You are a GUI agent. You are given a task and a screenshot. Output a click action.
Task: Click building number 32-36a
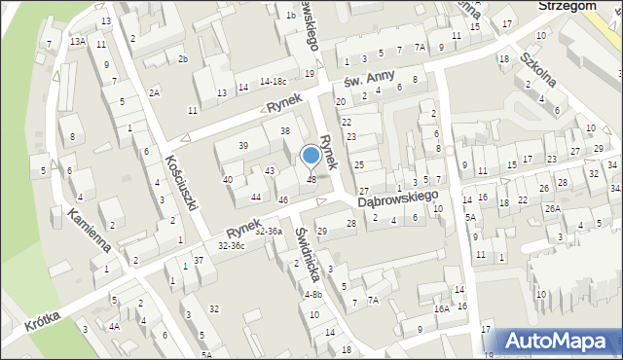coord(268,232)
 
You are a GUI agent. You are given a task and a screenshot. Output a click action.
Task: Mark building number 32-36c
coord(232,246)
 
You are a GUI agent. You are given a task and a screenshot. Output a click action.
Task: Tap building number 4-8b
coord(312,295)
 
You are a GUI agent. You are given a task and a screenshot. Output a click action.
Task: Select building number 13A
coord(77,41)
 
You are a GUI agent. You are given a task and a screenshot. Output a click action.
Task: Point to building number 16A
coord(442,308)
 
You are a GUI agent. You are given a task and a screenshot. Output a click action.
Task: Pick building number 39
coord(242,146)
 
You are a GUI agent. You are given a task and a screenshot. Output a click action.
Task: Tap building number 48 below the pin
coord(311,179)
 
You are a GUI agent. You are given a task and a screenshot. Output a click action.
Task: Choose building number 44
coord(255,197)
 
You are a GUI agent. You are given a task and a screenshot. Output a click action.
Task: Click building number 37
coord(198,260)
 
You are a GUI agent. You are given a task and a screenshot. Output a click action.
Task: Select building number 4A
coord(114,326)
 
